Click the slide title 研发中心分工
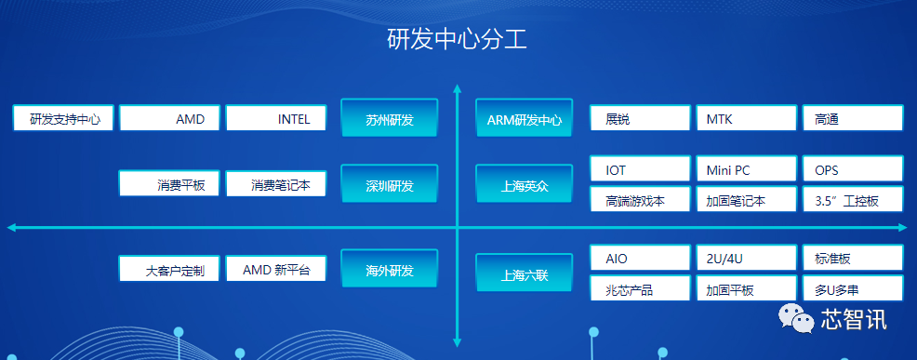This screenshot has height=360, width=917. pos(458,39)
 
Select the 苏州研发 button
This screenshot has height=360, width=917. pos(389,119)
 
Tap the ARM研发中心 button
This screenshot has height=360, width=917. pos(524,119)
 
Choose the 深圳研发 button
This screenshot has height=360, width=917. pos(389,185)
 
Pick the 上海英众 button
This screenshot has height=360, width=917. pos(524,185)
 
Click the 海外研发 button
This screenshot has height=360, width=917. pos(389,270)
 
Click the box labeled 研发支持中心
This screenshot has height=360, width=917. pos(63,118)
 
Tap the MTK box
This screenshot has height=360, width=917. pos(746,118)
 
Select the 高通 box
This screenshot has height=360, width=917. pos(852,118)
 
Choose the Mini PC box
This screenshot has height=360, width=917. pos(746,170)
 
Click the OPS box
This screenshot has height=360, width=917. pos(852,170)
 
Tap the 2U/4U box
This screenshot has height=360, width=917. pos(746,258)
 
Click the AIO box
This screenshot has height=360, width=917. pos(640,258)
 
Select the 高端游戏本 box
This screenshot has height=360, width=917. pos(640,200)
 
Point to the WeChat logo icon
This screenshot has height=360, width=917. pos(798,319)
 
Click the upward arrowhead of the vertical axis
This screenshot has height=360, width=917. pos(457,90)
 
